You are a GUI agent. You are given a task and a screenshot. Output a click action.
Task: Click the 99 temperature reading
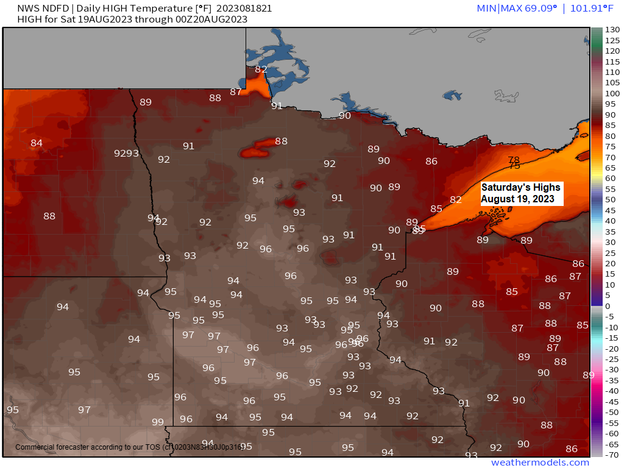(x=158, y=422)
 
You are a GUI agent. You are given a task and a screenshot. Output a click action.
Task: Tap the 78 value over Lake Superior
(x=514, y=160)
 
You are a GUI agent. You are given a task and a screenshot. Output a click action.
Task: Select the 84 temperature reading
(x=37, y=143)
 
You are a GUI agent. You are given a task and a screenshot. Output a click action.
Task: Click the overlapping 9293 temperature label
(x=127, y=153)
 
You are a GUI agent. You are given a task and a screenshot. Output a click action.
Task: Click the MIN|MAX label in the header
(x=497, y=8)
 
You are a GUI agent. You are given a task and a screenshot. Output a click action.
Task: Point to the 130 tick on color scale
(x=611, y=30)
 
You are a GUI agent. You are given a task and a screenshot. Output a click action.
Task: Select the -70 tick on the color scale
(x=611, y=455)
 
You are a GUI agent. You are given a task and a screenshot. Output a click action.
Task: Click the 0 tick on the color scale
(x=608, y=306)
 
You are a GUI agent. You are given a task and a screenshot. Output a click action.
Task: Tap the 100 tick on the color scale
(x=611, y=93)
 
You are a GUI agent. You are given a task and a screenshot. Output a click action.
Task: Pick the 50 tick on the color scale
(x=609, y=200)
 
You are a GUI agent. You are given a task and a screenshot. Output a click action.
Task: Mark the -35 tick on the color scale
(x=611, y=380)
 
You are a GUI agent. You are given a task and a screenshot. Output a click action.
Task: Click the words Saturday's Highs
(x=520, y=188)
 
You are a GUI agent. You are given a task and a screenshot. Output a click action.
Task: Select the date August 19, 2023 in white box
(x=518, y=199)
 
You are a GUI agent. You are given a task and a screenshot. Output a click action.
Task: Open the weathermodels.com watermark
(x=540, y=463)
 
